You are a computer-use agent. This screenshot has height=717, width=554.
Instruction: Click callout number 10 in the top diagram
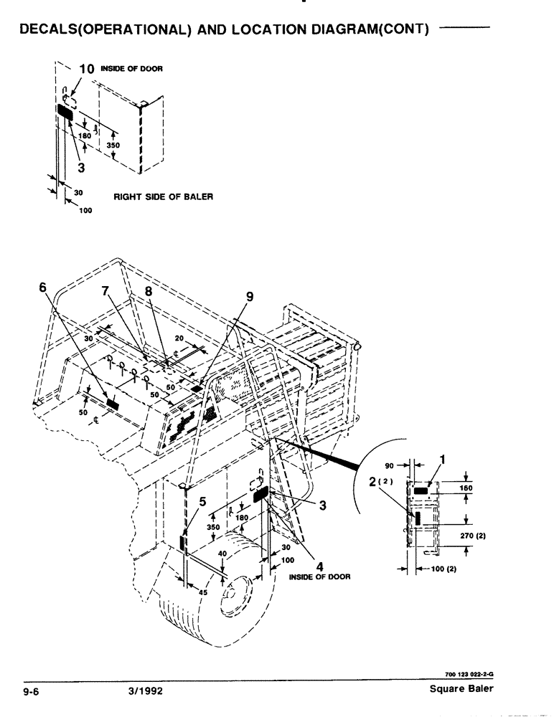click(86, 70)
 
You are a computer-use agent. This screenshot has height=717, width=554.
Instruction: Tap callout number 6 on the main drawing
click(42, 288)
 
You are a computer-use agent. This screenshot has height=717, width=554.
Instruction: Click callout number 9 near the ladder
click(250, 295)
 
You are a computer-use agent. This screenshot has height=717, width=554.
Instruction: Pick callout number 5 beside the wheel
click(203, 503)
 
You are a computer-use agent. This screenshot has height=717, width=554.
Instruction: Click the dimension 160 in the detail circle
click(468, 488)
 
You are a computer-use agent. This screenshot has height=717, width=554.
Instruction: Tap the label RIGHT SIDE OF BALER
click(163, 196)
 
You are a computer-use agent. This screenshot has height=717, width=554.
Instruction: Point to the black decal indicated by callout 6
click(113, 404)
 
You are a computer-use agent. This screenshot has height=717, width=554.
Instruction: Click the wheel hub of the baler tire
click(233, 594)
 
